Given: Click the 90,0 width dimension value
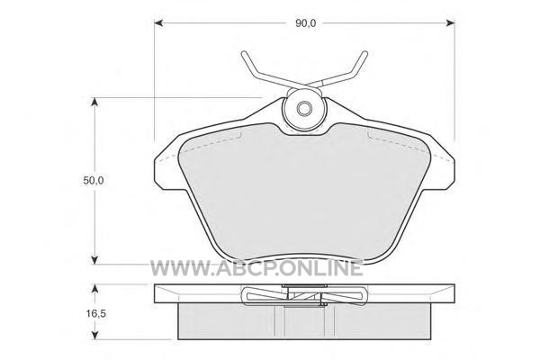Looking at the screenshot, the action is [x=305, y=23].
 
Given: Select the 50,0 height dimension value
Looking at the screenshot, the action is [x=94, y=180].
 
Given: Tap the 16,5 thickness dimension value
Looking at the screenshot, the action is [x=95, y=313].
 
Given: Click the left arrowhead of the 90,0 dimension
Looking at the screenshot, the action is [x=158, y=23].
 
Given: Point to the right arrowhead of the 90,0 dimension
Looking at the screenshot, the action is [x=451, y=23].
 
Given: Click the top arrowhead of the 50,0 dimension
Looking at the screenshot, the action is [x=94, y=102].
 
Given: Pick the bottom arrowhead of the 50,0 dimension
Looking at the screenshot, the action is [x=94, y=260].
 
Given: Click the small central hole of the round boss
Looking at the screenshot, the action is [x=304, y=109].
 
